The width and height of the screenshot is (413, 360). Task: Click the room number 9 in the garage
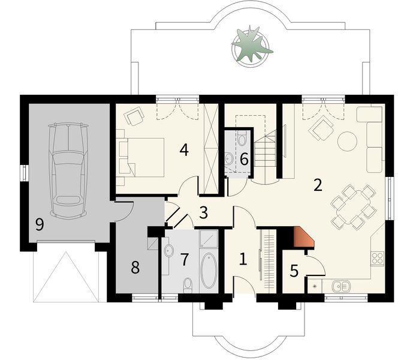pyautogui.click(x=40, y=225)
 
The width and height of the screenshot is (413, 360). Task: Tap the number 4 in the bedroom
pyautogui.click(x=184, y=150)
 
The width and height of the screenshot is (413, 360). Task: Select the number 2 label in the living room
pyautogui.click(x=317, y=184)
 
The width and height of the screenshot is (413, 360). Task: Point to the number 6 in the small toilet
pyautogui.click(x=244, y=159)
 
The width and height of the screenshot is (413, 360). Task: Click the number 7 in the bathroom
pyautogui.click(x=185, y=259)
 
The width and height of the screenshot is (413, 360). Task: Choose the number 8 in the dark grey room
pyautogui.click(x=135, y=268)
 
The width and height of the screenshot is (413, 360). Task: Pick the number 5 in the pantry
pyautogui.click(x=294, y=271)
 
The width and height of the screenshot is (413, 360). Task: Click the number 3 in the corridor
pyautogui.click(x=203, y=212)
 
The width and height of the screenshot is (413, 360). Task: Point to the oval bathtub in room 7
pyautogui.click(x=209, y=270)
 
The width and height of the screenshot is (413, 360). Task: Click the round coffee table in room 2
pyautogui.click(x=347, y=142)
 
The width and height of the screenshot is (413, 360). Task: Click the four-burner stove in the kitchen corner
pyautogui.click(x=378, y=259)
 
